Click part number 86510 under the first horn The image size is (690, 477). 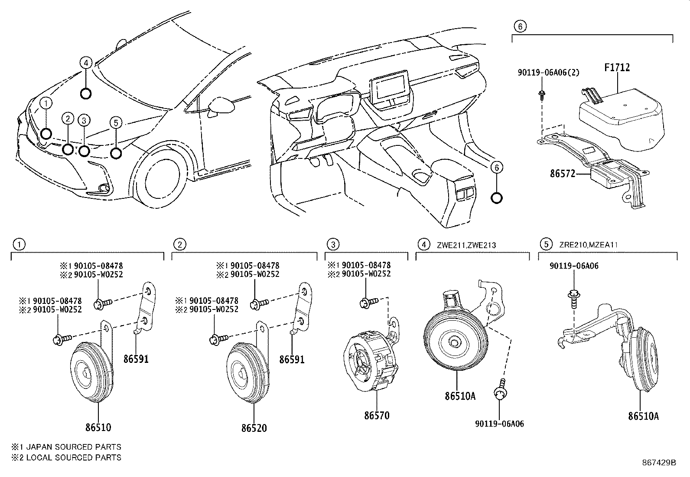click(98, 427)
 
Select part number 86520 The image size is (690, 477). click(254, 428)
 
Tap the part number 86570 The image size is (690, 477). click(377, 415)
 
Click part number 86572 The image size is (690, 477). click(563, 174)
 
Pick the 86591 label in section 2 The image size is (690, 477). click(292, 359)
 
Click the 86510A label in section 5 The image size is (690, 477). click(643, 416)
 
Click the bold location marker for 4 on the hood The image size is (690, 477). click(86, 93)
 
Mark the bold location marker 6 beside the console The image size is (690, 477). click(497, 198)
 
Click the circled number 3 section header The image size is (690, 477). click(333, 244)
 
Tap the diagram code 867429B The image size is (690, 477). click(659, 462)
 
